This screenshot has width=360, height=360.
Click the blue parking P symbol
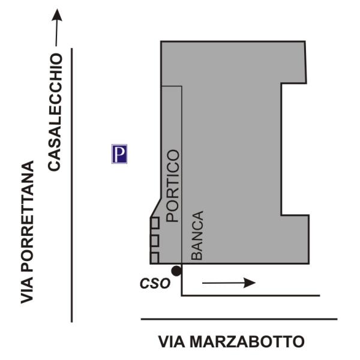[x=120, y=154]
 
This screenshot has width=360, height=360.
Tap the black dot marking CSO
[x=176, y=271]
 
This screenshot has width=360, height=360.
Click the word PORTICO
[x=173, y=186]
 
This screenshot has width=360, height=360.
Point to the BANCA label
[x=197, y=235]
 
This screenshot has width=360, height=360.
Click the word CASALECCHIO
[x=55, y=112]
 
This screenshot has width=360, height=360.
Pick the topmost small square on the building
[x=154, y=223]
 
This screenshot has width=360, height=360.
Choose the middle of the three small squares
[x=154, y=240]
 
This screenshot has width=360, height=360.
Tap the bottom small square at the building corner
[x=154, y=257]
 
